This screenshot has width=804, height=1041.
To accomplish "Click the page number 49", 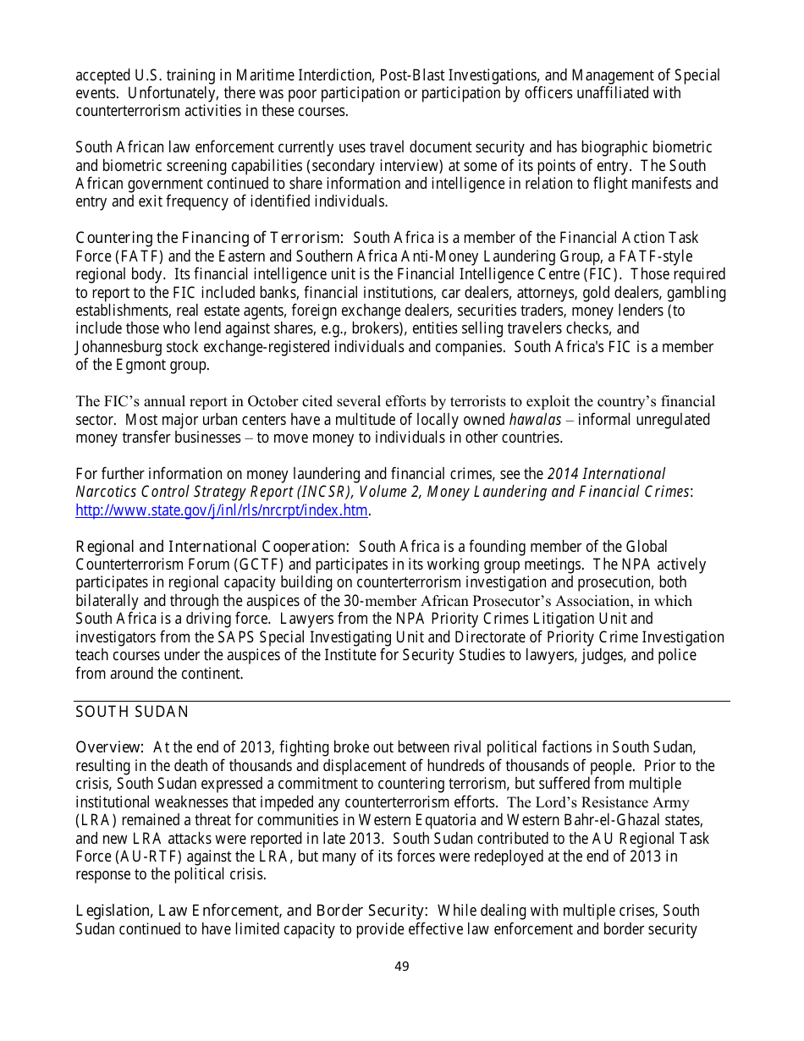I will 402,967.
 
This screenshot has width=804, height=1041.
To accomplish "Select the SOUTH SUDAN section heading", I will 132,713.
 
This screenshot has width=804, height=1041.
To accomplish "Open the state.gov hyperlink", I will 223,510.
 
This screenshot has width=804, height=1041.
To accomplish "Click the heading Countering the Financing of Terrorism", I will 209,239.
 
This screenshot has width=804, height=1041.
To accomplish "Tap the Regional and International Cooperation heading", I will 212,547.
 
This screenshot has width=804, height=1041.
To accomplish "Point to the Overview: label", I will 110,747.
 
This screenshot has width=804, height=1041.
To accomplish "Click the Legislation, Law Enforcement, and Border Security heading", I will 251,911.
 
